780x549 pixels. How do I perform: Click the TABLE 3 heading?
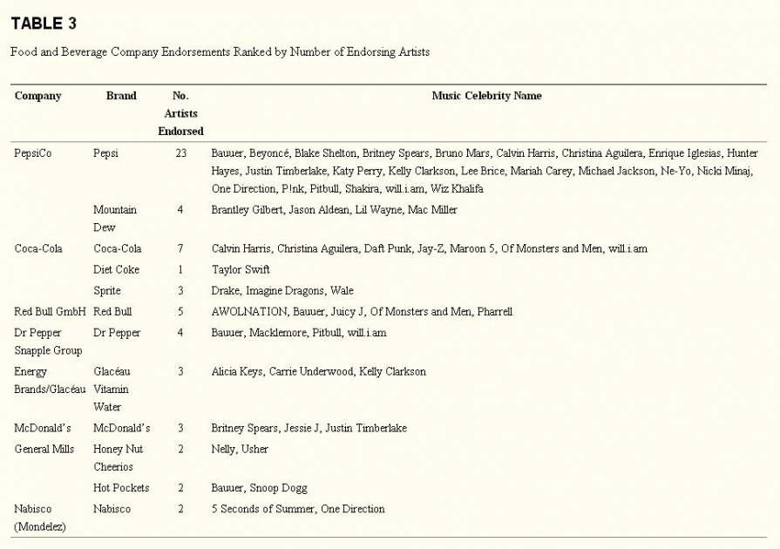point(44,24)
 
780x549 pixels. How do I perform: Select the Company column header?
point(37,96)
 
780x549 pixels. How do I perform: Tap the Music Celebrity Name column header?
point(486,96)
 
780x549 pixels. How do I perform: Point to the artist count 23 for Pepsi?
point(180,153)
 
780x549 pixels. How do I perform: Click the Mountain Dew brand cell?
point(114,219)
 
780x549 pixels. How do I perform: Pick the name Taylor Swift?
point(241,270)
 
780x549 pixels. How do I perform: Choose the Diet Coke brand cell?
point(116,270)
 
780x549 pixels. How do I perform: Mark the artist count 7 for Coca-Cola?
point(180,249)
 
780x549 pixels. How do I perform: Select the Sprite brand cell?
point(107,291)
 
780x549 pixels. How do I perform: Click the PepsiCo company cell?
point(33,153)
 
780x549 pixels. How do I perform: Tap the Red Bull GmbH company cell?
point(50,312)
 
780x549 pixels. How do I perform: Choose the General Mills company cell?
point(44,450)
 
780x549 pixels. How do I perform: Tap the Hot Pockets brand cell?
point(120,488)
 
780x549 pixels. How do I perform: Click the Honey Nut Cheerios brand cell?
point(118,458)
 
